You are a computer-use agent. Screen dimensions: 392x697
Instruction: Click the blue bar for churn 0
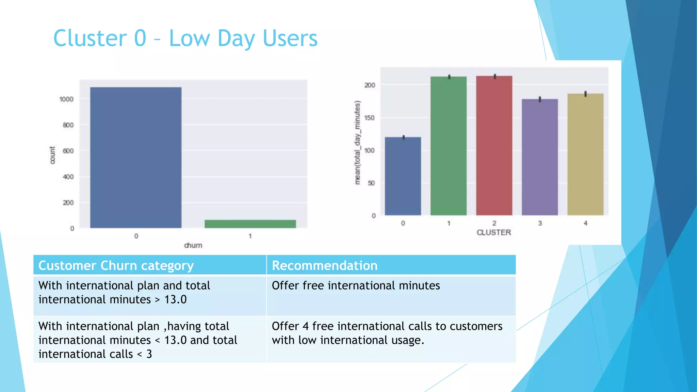(x=136, y=157)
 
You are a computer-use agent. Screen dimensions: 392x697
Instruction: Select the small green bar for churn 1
(x=250, y=224)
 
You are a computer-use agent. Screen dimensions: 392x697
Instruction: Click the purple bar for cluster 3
(x=540, y=157)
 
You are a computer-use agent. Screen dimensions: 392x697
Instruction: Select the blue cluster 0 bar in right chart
(x=403, y=176)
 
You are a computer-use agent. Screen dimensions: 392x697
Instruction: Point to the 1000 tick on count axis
(x=66, y=99)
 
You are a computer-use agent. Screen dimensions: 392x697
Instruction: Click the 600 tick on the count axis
(x=68, y=151)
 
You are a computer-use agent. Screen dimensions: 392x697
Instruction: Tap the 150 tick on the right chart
(x=369, y=118)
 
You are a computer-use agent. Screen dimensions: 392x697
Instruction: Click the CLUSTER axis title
(x=494, y=232)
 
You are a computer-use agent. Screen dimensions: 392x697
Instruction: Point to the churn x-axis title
(x=193, y=245)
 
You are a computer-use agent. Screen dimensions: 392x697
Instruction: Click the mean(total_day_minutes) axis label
(x=357, y=143)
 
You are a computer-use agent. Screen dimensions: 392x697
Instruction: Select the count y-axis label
(x=52, y=155)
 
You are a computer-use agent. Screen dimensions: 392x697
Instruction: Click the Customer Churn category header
(x=116, y=265)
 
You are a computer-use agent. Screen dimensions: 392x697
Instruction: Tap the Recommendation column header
(x=325, y=265)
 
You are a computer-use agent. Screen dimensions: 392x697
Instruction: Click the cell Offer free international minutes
(x=356, y=285)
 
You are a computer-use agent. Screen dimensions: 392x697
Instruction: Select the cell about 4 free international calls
(x=387, y=333)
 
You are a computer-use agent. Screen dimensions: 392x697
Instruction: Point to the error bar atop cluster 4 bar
(x=585, y=94)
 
